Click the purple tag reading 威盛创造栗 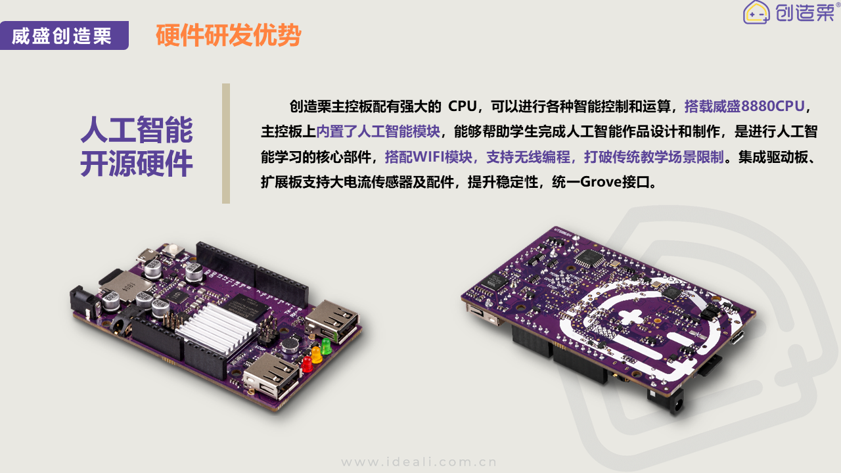tap(64, 35)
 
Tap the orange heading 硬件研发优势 tap(228, 35)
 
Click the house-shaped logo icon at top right tap(756, 12)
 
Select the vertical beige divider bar tap(225, 143)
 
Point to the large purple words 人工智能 tap(137, 130)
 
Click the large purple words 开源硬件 tap(137, 164)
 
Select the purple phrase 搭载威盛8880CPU tap(744, 106)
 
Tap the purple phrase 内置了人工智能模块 tap(378, 132)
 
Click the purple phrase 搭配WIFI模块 tap(428, 157)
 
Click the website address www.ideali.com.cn tap(419, 462)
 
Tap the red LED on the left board tap(307, 364)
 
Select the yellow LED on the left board tap(317, 354)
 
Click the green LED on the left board tap(325, 346)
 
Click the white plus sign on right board tap(630, 317)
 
